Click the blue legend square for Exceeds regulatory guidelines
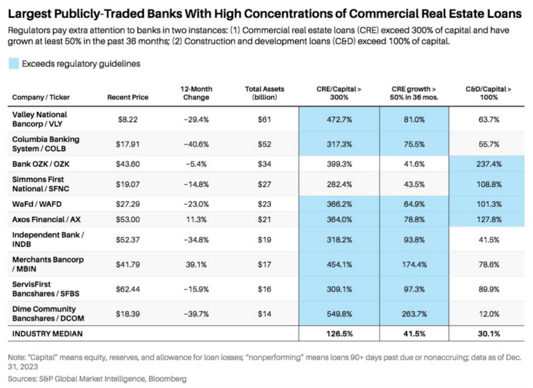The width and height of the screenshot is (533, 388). coord(14,64)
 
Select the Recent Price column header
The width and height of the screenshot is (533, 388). coord(128,97)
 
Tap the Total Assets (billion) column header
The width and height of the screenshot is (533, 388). coord(265,93)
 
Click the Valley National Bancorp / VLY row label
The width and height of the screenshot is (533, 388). coord(39,119)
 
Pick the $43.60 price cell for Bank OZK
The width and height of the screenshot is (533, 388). coord(128,163)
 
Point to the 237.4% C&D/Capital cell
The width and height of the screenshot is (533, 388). coord(488,163)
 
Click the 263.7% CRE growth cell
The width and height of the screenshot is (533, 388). coord(415,313)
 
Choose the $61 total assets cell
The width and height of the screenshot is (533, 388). coord(265,119)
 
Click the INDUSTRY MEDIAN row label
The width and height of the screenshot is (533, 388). coord(47,334)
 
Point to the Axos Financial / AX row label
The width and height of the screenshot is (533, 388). coord(46,219)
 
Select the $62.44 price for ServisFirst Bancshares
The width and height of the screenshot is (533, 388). coord(128,289)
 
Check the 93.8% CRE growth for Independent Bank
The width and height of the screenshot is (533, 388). coord(415,239)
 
